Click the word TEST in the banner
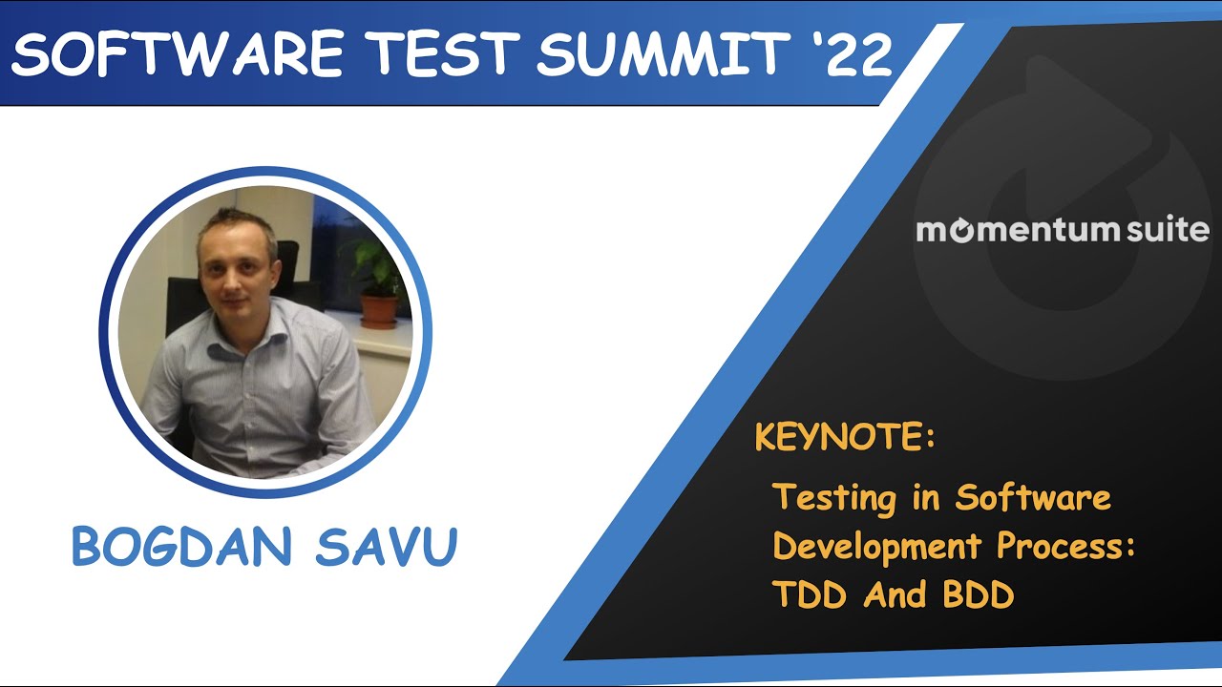436,55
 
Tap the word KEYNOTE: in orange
844,438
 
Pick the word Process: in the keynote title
1065,547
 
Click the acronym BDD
978,595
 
